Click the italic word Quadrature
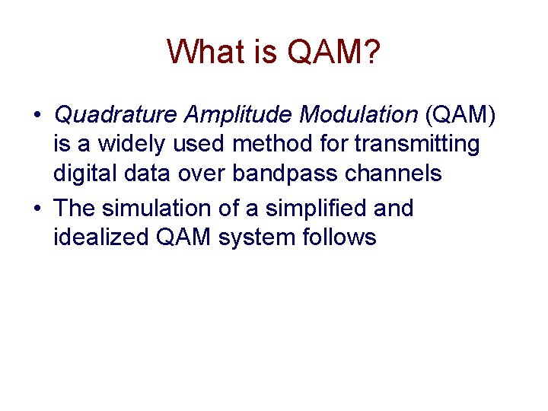115,115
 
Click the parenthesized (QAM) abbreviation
461,115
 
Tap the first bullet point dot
37,116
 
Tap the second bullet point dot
37,209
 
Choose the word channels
394,174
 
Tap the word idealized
101,237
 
